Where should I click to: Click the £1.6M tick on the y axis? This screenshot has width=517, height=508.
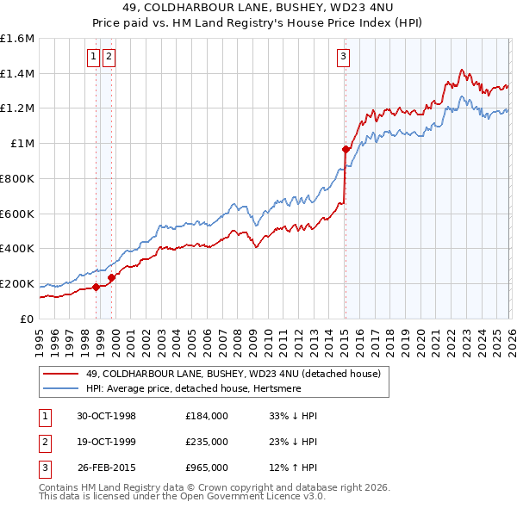coord(17,39)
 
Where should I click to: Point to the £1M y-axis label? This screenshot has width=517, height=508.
coord(22,144)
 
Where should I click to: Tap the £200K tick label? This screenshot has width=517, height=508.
coord(17,283)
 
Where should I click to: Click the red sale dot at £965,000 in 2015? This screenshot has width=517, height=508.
coord(346,149)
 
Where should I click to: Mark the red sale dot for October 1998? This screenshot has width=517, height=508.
coord(97,287)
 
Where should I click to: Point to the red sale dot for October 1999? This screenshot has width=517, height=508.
coord(111,277)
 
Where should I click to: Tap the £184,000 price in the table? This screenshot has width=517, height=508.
coord(207,416)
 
